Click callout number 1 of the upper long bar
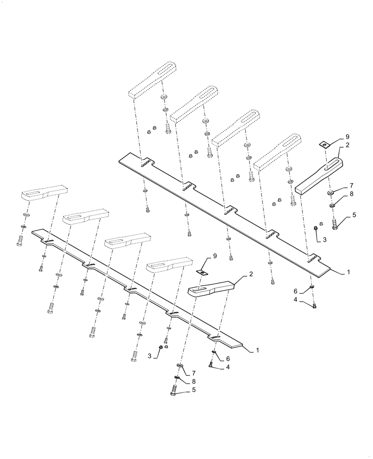[349, 272]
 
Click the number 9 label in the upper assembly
[347, 137]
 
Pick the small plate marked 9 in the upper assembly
[325, 145]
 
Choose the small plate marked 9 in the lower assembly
[203, 272]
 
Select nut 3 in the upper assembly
[316, 228]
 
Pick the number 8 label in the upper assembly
[351, 195]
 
